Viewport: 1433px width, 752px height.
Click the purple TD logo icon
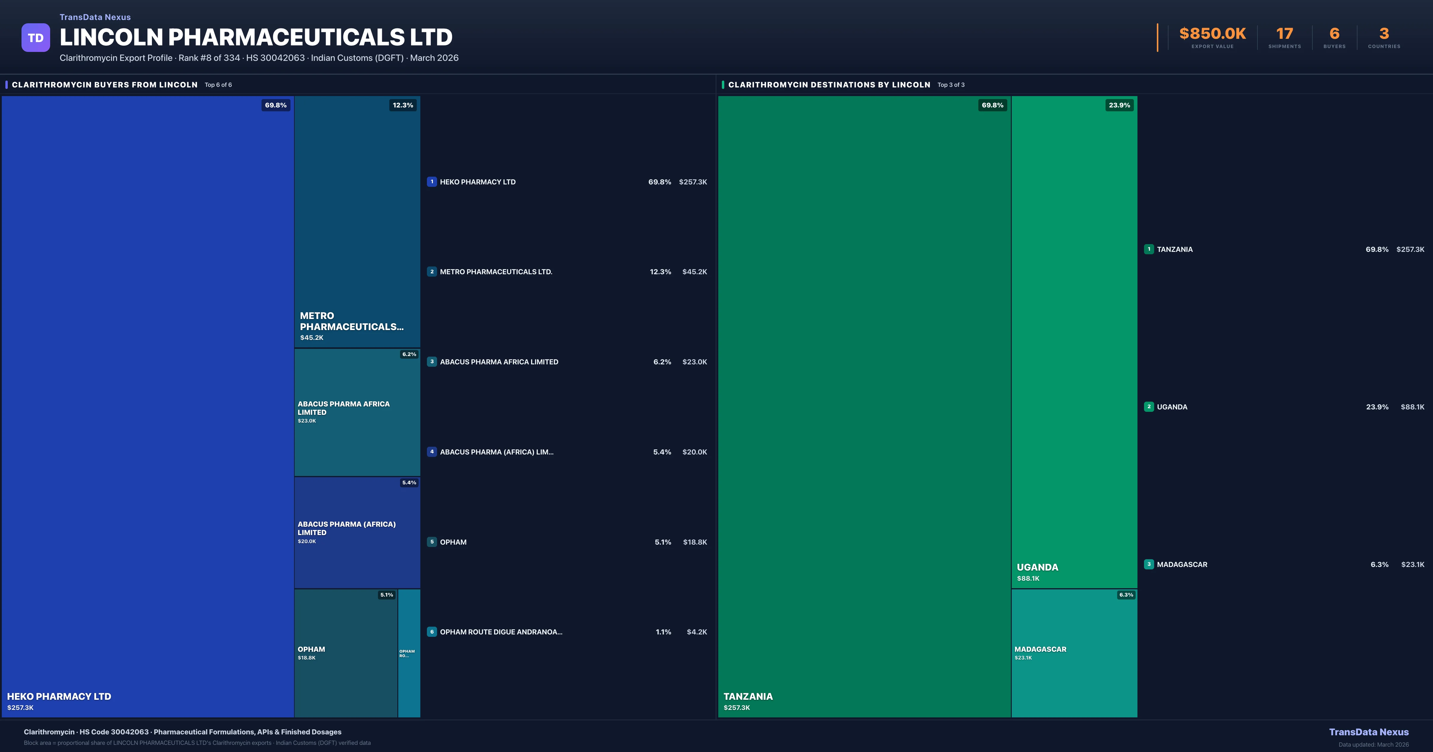coord(36,38)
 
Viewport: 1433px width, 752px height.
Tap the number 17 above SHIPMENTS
coord(1284,34)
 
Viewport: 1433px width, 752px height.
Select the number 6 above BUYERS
coord(1334,34)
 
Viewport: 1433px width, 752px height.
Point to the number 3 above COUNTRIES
coord(1384,34)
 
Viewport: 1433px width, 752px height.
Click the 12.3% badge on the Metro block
coord(403,105)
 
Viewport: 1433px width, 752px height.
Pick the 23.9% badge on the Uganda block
coord(1119,105)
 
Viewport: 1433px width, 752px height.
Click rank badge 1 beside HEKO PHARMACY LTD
coord(432,182)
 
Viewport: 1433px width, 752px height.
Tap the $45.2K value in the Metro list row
coord(694,272)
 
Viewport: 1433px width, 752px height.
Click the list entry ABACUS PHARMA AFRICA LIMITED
coord(499,362)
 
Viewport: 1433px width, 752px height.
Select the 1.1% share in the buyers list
coord(663,632)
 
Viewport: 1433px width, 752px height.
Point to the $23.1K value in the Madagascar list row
coord(1412,565)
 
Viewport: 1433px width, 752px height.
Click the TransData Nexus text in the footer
coord(1369,732)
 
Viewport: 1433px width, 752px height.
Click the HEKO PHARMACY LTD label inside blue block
coord(59,696)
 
